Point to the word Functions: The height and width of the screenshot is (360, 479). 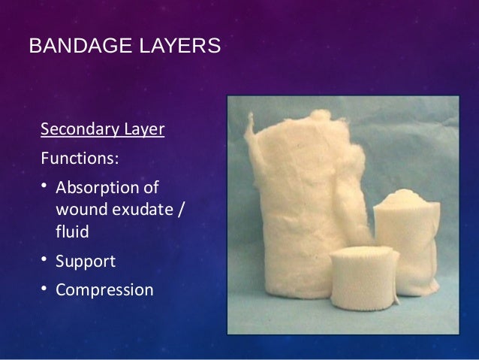80,159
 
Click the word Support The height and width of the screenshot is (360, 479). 86,261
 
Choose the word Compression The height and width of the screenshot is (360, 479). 104,289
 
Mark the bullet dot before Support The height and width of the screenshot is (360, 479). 45,260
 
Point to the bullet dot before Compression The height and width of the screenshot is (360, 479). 45,289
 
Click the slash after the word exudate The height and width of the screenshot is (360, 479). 178,210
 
